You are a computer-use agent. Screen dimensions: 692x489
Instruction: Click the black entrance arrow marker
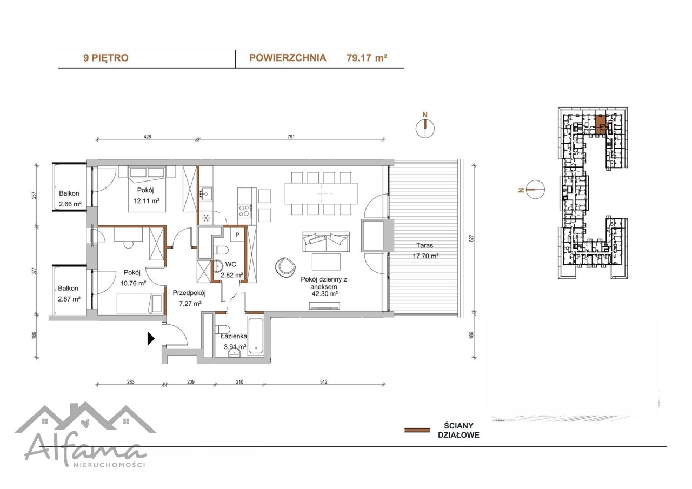(150, 338)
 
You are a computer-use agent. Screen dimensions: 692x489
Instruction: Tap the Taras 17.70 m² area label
(425, 251)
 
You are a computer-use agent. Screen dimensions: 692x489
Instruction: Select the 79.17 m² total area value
(367, 58)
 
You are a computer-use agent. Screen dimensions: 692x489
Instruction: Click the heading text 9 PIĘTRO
(106, 58)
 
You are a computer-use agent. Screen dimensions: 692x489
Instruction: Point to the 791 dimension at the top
(291, 137)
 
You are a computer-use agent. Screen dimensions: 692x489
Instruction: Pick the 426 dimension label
(148, 137)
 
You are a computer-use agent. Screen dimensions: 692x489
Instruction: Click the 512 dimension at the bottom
(323, 382)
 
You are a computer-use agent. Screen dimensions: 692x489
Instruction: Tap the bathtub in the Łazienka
(256, 336)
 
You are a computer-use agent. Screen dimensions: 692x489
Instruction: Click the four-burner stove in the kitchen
(244, 211)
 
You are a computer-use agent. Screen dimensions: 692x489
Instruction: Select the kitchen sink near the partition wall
(205, 193)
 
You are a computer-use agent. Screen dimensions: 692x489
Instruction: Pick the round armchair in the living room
(285, 267)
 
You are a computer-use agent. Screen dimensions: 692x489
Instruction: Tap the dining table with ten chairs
(321, 193)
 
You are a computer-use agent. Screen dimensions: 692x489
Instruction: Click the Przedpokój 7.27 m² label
(189, 298)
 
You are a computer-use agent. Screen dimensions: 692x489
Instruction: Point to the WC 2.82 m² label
(231, 270)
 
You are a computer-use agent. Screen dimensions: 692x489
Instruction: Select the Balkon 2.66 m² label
(70, 198)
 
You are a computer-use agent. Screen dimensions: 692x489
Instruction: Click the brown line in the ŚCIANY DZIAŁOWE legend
(417, 430)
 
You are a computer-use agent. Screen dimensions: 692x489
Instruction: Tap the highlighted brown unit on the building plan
(601, 124)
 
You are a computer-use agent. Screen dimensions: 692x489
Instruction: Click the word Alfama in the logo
(85, 450)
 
